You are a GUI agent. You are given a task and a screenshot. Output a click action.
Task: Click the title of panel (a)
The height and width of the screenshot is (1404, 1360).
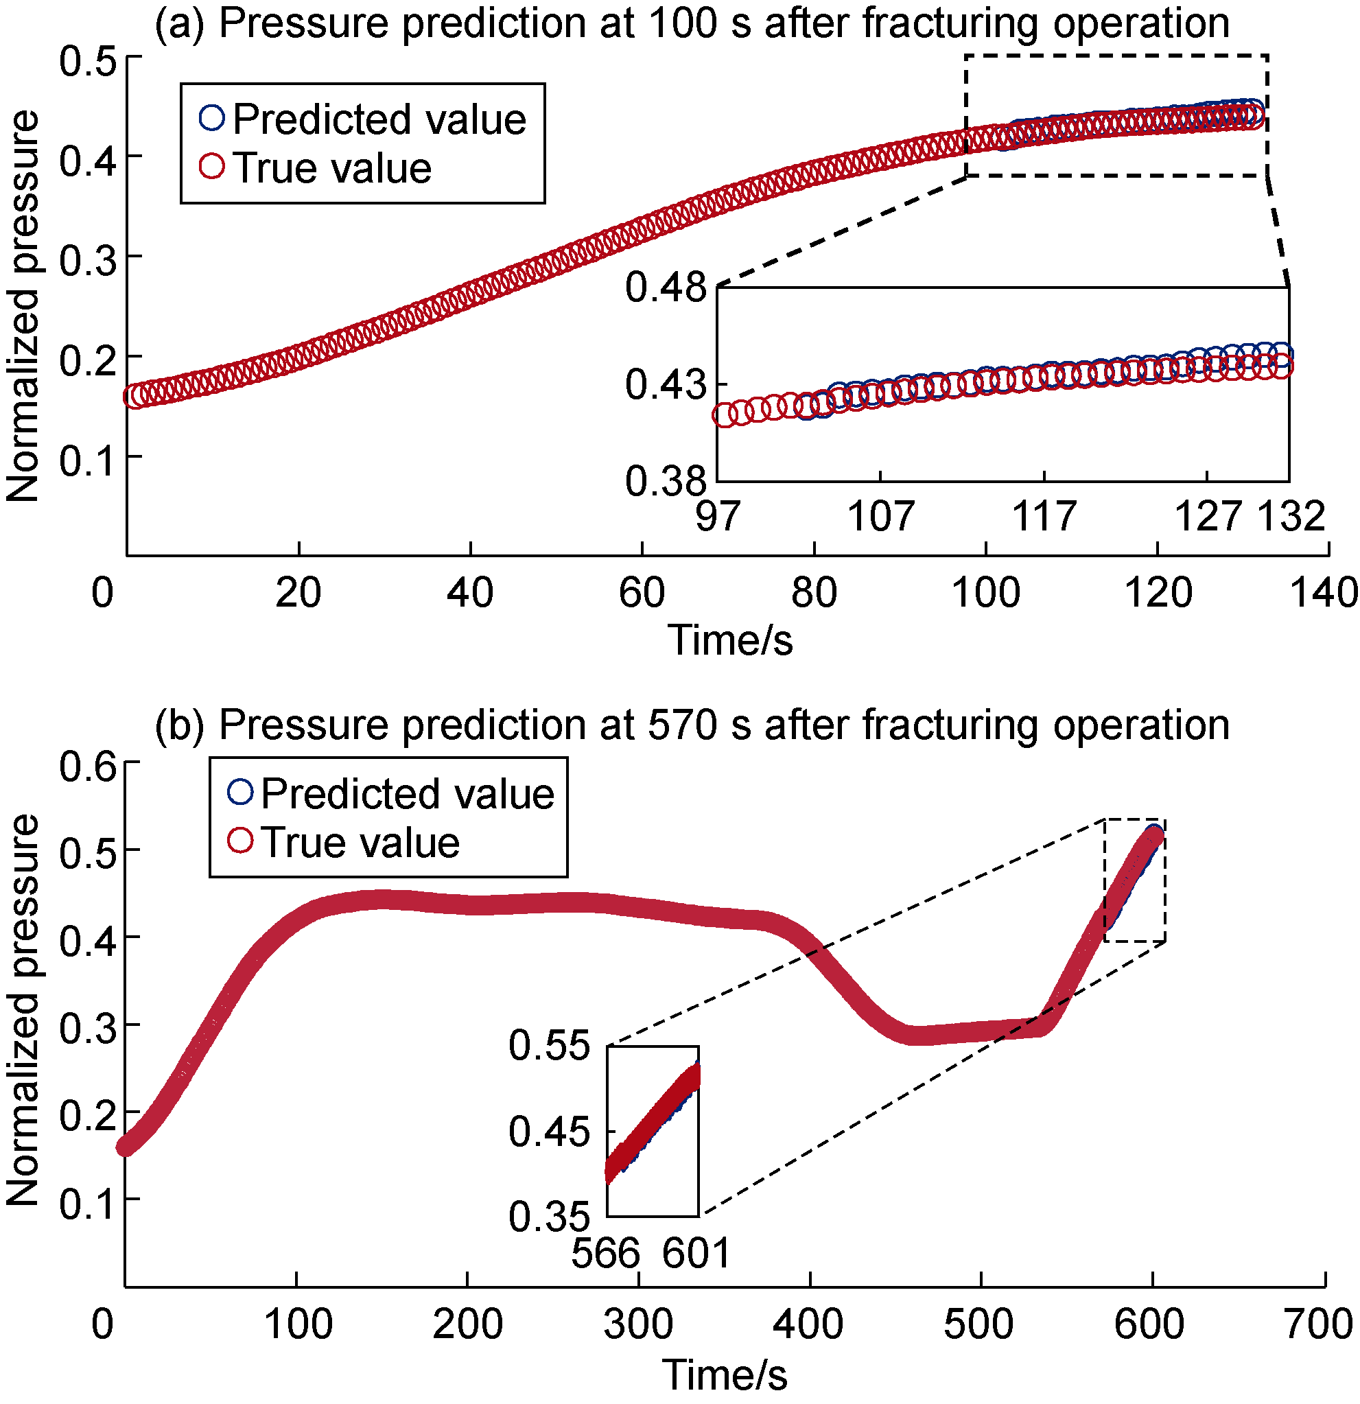click(691, 23)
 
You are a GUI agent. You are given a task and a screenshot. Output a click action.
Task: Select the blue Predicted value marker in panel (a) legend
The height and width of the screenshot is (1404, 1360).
click(212, 117)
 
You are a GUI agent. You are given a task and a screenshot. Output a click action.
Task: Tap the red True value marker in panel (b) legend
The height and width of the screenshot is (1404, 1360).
click(241, 840)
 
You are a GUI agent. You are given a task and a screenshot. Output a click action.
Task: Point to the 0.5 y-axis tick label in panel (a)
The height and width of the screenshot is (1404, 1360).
click(88, 60)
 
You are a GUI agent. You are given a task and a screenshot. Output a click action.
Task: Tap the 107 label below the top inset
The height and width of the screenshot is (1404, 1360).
click(880, 516)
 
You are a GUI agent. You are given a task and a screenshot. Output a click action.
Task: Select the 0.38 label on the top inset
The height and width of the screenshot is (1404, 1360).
click(666, 480)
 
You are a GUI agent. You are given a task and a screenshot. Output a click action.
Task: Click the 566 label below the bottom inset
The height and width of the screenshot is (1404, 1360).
click(605, 1253)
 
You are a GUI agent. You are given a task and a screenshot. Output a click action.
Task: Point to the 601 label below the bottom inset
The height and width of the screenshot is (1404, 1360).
click(696, 1253)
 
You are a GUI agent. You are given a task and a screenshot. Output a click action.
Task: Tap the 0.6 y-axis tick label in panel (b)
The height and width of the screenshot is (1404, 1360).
click(88, 766)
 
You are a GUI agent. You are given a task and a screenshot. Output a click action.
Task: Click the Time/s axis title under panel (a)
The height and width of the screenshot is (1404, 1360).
click(731, 640)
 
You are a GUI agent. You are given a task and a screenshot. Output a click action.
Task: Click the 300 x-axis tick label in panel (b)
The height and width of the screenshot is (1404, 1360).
click(638, 1324)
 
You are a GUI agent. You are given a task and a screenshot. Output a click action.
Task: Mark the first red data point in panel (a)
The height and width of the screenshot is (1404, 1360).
click(134, 395)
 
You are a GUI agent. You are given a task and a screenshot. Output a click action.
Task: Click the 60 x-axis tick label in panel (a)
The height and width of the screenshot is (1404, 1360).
click(642, 593)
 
